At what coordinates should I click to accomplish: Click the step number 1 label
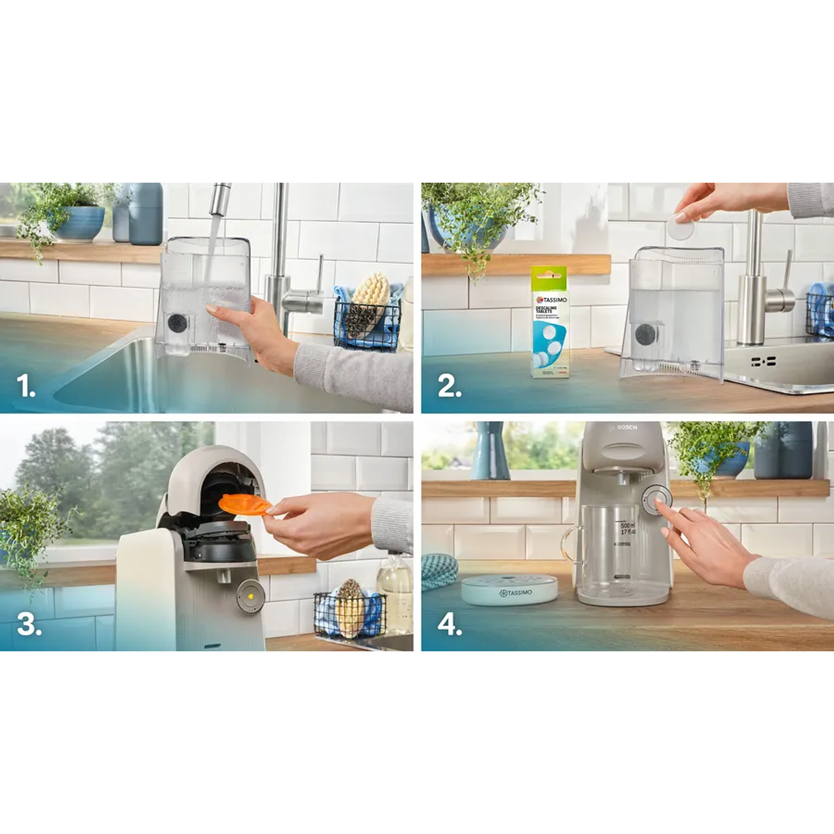[26, 386]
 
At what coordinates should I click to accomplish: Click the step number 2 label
[449, 386]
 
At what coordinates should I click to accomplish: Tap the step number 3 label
[29, 624]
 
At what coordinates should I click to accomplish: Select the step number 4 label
[450, 624]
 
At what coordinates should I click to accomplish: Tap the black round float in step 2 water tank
[645, 335]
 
